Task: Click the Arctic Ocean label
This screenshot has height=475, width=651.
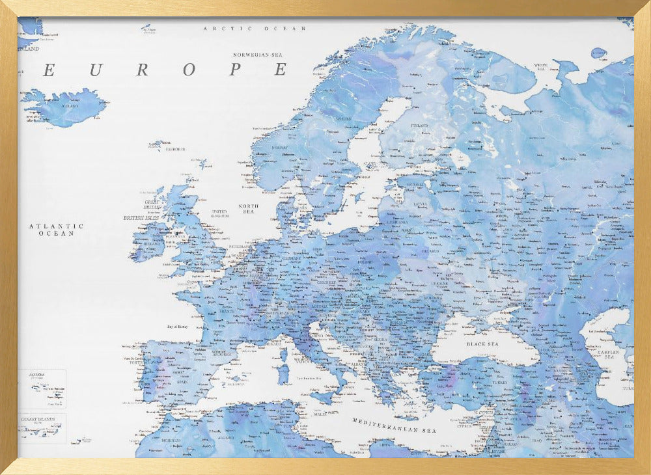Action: [255, 29]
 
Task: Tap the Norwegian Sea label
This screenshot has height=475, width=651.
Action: [260, 55]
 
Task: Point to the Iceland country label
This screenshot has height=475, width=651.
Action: [70, 105]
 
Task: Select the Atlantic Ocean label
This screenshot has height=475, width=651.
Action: [56, 229]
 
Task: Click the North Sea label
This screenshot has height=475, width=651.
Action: [248, 209]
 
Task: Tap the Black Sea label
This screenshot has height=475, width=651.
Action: [482, 344]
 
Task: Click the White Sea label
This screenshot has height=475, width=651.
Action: [541, 66]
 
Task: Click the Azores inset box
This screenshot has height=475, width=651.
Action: [42, 388]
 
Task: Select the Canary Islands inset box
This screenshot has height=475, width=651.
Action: [42, 428]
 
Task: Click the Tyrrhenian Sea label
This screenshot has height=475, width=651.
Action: [311, 377]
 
